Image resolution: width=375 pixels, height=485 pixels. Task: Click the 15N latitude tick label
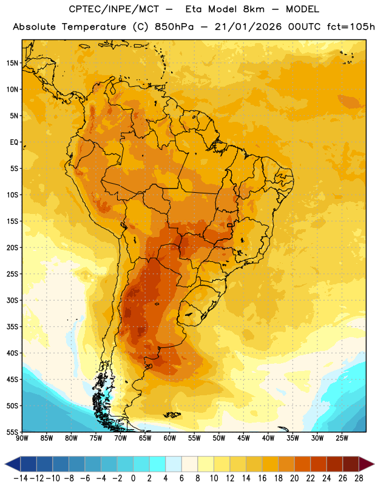[x=12, y=63]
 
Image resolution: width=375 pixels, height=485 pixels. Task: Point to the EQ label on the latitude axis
[x=14, y=142]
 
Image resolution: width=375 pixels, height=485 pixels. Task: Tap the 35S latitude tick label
[x=12, y=327]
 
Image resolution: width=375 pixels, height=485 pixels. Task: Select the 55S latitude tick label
[x=12, y=432]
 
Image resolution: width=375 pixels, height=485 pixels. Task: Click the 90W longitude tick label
[x=22, y=438]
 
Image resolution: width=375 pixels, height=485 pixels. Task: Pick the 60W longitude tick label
[x=170, y=438]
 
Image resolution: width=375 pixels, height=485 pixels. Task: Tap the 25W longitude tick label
[x=342, y=438]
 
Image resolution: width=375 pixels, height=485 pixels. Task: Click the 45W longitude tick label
[x=243, y=438]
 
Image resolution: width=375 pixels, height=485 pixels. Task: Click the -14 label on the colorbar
[x=21, y=478]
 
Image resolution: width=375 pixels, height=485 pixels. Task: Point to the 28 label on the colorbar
[x=359, y=478]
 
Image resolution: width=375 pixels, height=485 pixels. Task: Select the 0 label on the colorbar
[x=133, y=478]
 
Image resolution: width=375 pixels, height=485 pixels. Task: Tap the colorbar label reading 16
[x=262, y=478]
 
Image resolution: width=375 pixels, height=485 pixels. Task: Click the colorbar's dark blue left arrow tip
[x=5, y=464]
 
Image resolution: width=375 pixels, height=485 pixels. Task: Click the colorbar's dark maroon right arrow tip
[x=374, y=464]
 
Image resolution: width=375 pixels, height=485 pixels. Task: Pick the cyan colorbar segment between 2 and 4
[x=157, y=464]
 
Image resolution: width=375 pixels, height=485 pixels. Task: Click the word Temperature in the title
[x=94, y=27]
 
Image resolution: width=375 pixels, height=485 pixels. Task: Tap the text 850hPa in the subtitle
[x=174, y=27]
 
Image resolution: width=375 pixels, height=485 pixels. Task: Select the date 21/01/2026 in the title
[x=248, y=27]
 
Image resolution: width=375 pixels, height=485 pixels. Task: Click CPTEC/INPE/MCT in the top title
[x=114, y=9]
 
